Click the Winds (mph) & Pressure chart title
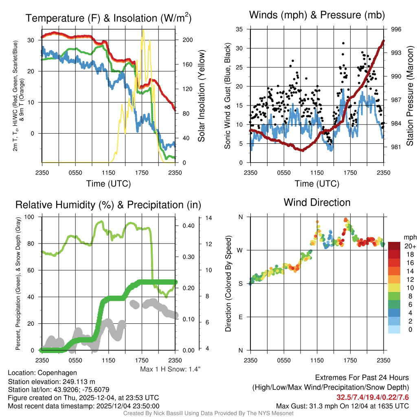317,15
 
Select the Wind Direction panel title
317,202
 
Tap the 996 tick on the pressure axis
396,29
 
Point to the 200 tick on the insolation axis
187,40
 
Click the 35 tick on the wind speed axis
239,29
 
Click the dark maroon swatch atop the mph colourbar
394,246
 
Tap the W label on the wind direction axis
240,250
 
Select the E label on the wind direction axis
240,317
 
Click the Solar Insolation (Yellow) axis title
201,96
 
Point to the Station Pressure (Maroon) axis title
410,97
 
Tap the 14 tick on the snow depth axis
209,218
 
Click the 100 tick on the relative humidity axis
31,217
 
